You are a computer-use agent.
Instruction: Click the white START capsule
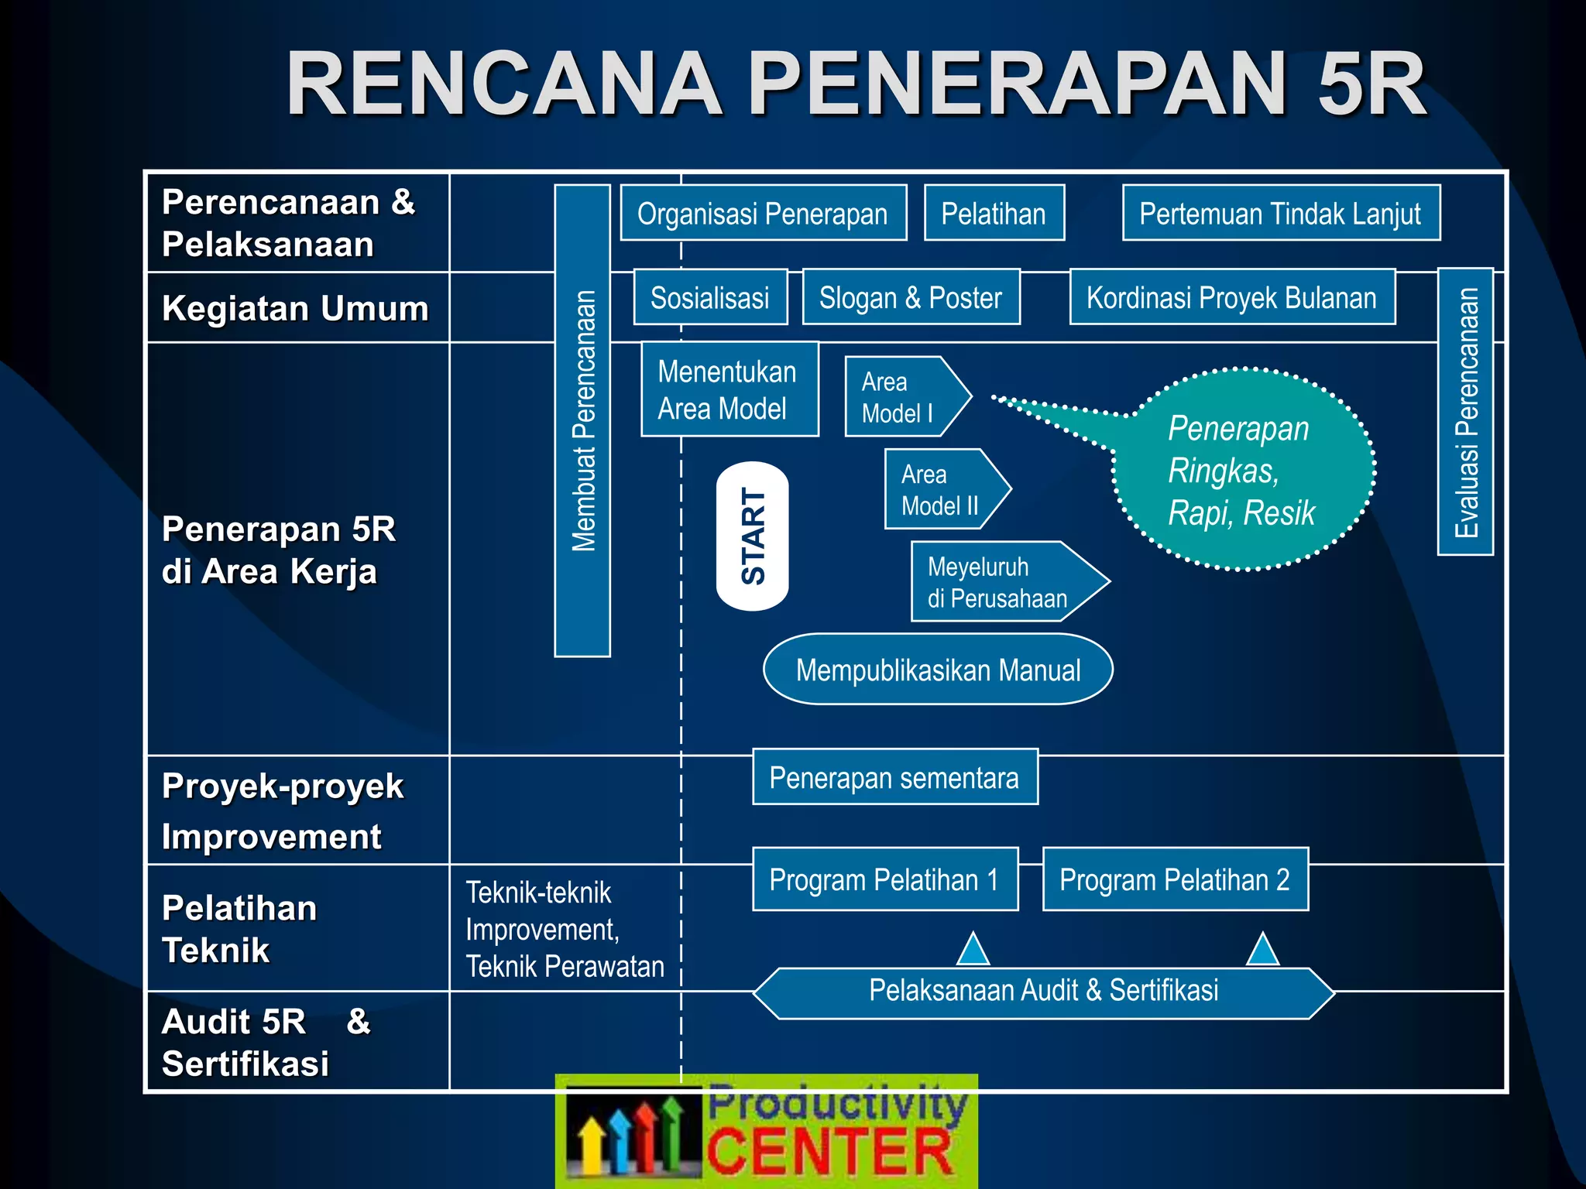752,536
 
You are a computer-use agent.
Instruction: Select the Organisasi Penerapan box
763,213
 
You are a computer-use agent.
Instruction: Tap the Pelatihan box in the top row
994,213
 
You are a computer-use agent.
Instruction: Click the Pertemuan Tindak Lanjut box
1281,213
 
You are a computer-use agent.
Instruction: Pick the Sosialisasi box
710,297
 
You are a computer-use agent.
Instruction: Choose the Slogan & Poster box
911,297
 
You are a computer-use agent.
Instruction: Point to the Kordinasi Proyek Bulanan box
1232,297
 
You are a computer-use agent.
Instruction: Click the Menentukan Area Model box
729,389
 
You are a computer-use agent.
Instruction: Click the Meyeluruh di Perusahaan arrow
1003,581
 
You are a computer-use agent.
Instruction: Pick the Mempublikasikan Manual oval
938,670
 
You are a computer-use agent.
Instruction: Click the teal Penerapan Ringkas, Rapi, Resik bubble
1243,470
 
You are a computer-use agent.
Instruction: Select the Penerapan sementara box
894,777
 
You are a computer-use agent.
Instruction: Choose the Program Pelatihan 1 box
884,879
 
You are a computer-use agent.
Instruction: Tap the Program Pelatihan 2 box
1175,879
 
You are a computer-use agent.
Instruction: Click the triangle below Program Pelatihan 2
1262,951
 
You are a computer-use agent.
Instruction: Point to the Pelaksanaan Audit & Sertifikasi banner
1043,992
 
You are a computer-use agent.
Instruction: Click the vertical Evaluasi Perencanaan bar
1465,412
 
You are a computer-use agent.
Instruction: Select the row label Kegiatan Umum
295,308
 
